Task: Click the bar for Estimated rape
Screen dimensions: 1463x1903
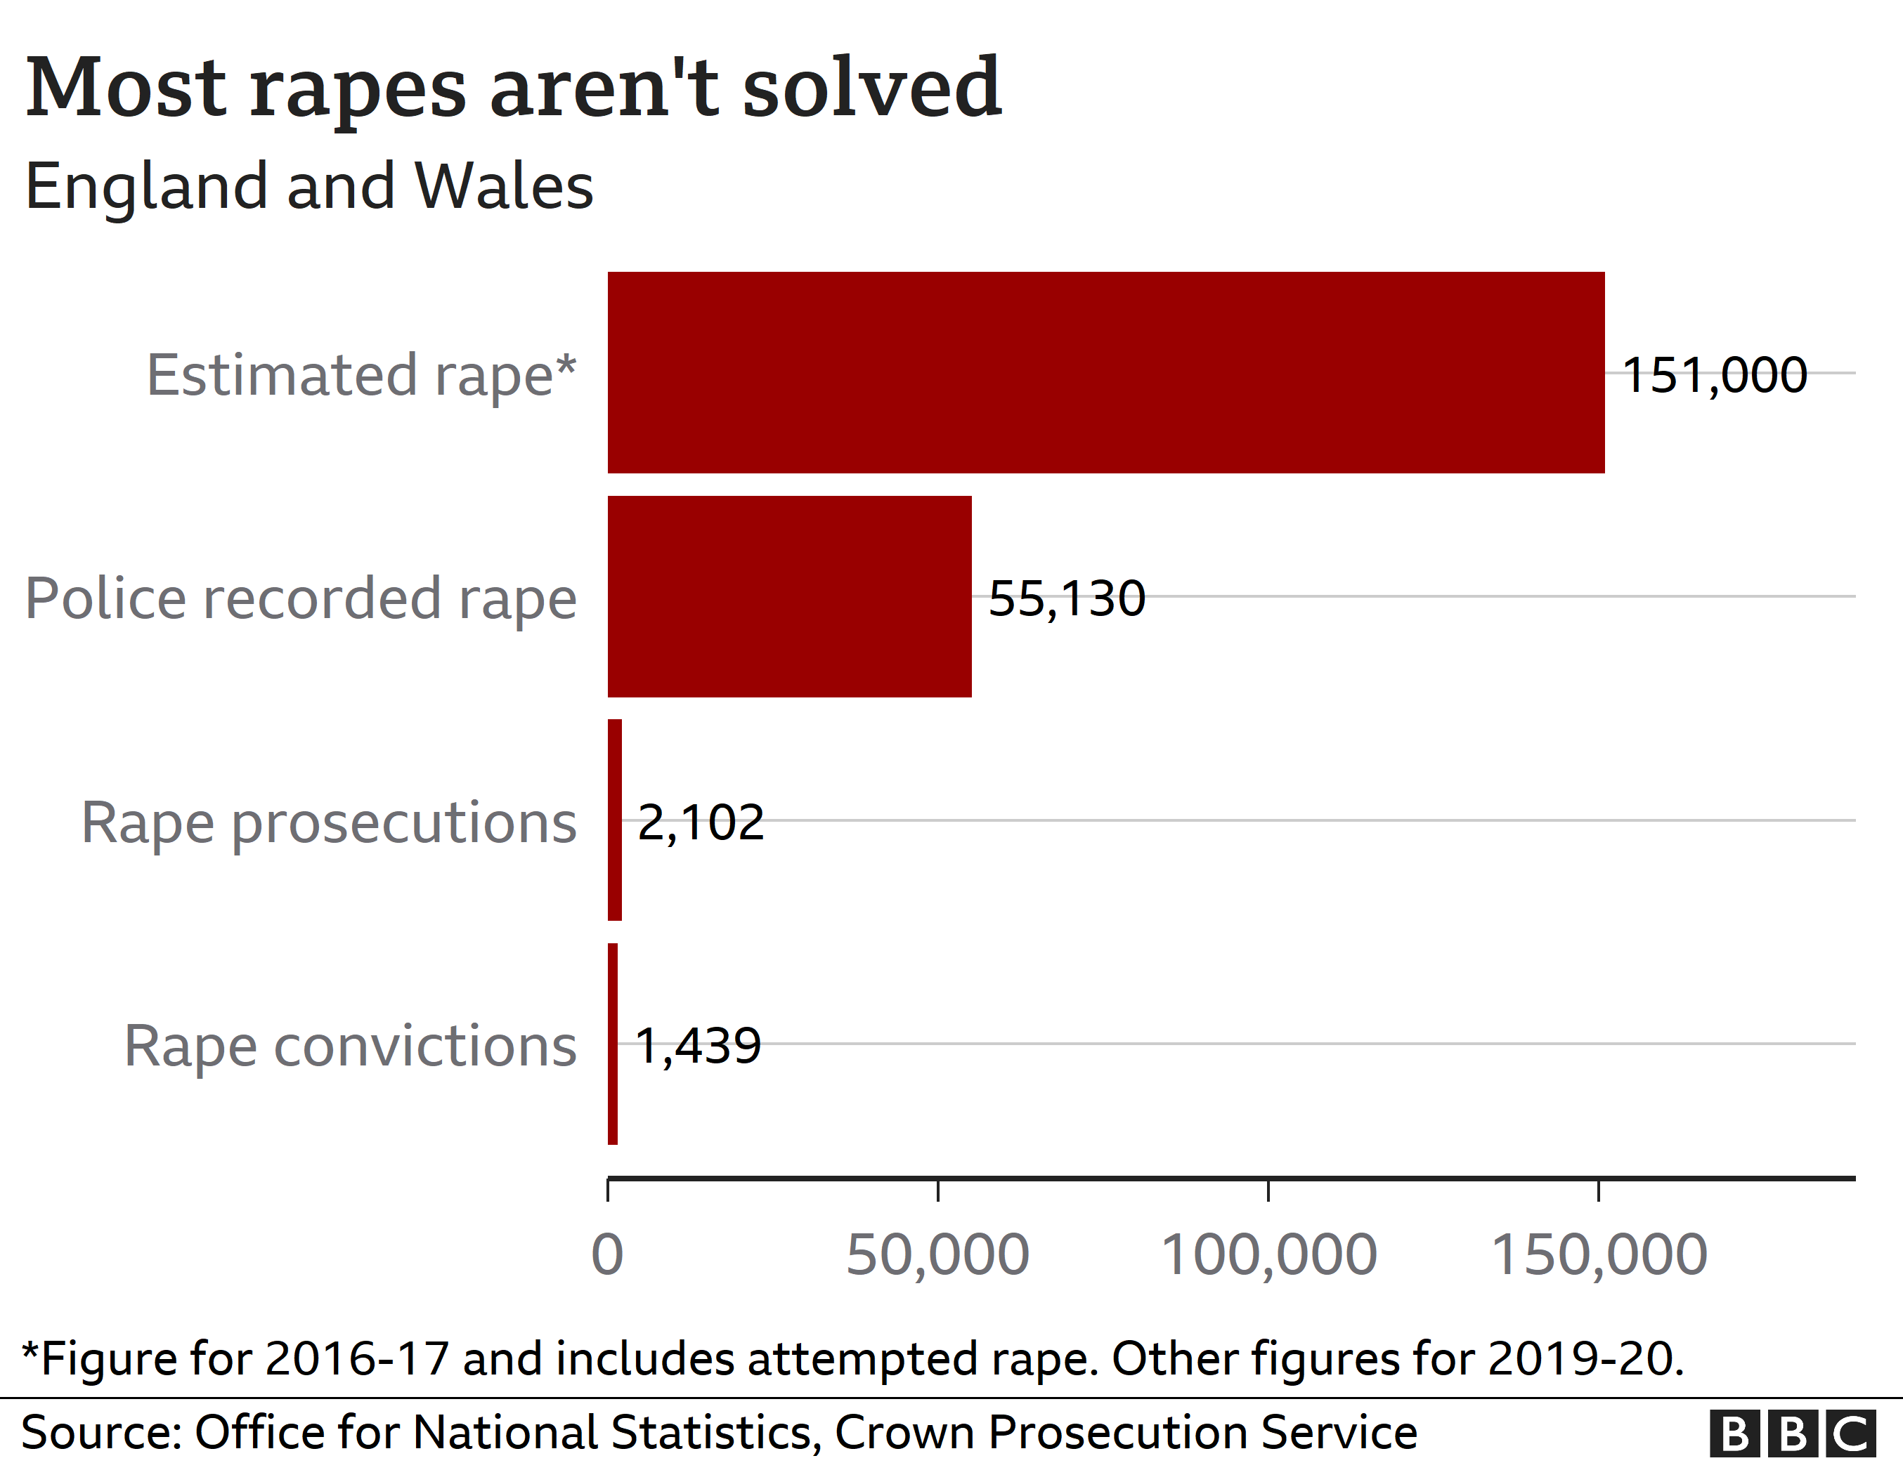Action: [x=1105, y=373]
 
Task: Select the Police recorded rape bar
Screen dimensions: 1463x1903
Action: [x=788, y=596]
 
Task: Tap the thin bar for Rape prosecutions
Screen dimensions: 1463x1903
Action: [x=615, y=820]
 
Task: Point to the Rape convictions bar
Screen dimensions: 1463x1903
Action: [x=613, y=1043]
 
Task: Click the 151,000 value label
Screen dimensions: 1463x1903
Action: [x=1714, y=375]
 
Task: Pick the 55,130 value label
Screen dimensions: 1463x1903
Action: [x=1067, y=599]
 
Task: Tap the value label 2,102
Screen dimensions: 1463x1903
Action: [x=701, y=822]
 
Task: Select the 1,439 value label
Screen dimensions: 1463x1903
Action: [x=698, y=1046]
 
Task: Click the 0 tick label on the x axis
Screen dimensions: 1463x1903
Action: [x=607, y=1255]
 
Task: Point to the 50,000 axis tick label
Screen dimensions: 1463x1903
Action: [x=937, y=1255]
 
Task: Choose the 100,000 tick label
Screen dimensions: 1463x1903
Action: [x=1268, y=1255]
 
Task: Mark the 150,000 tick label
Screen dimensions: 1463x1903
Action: [x=1599, y=1255]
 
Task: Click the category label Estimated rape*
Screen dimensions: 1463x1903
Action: [x=361, y=375]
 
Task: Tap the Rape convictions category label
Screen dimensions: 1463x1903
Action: [x=350, y=1046]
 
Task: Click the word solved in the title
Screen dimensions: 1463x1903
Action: [x=871, y=87]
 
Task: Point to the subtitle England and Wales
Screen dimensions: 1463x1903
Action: [x=309, y=186]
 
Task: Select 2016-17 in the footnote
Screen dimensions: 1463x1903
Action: [x=357, y=1358]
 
